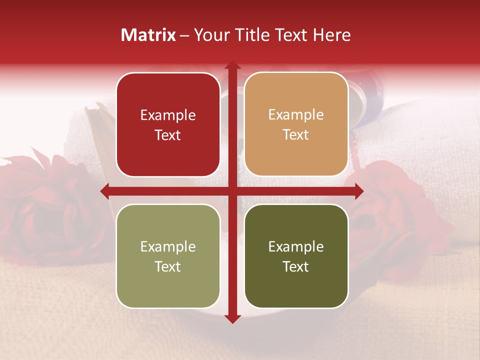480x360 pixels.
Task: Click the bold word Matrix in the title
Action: (148, 35)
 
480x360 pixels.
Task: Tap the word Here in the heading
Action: (331, 35)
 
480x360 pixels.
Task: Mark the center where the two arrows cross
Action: (232, 191)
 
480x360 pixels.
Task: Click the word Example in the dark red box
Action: (168, 115)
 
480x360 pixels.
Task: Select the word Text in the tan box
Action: (296, 135)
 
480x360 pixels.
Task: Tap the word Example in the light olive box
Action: (168, 247)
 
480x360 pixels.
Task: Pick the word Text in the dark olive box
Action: (296, 266)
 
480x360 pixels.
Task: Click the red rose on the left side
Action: (45, 205)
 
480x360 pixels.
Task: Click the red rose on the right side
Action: (395, 210)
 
